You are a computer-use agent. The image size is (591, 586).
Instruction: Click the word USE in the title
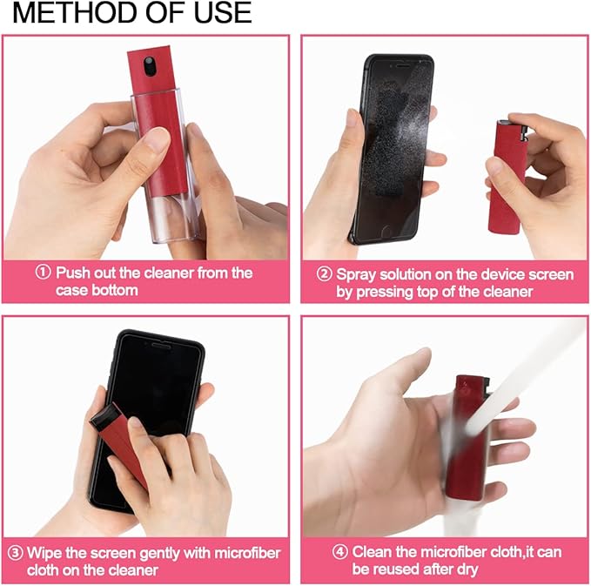pos(218,13)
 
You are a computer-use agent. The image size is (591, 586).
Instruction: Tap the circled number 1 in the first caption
pos(44,273)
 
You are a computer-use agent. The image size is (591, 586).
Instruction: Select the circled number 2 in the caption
pos(325,274)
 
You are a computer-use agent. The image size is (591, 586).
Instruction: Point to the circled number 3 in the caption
pos(15,553)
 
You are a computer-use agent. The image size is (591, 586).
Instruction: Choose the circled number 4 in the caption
pos(340,552)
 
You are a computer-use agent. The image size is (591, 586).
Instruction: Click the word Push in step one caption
pos(74,273)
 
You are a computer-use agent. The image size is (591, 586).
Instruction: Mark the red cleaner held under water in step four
pos(466,444)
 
